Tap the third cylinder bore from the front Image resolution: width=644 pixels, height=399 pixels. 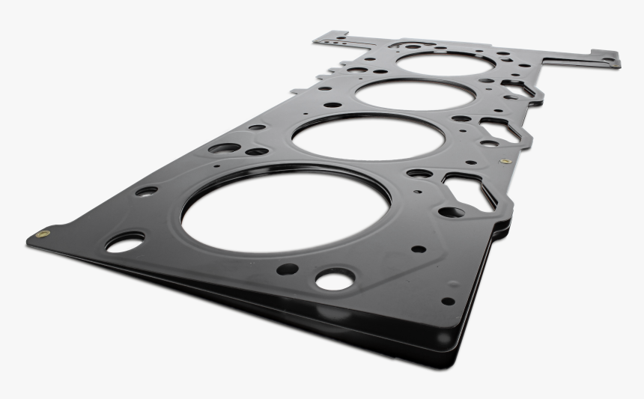(415, 94)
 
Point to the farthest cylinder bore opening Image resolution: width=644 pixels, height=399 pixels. (445, 63)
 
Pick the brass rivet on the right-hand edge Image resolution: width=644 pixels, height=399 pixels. (505, 161)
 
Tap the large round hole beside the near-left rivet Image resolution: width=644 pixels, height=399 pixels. (124, 243)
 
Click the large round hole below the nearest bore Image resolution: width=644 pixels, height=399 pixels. (335, 280)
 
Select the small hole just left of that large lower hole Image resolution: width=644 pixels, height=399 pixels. (287, 268)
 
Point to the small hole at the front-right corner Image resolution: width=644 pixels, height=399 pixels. (448, 301)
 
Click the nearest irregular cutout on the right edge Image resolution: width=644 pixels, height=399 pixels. (469, 190)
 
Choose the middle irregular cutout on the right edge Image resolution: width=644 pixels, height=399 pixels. (500, 130)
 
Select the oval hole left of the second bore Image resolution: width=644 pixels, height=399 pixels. (225, 147)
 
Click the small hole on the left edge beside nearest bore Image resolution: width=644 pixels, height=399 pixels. (147, 191)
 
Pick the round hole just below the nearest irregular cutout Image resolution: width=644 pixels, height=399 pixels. (450, 212)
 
